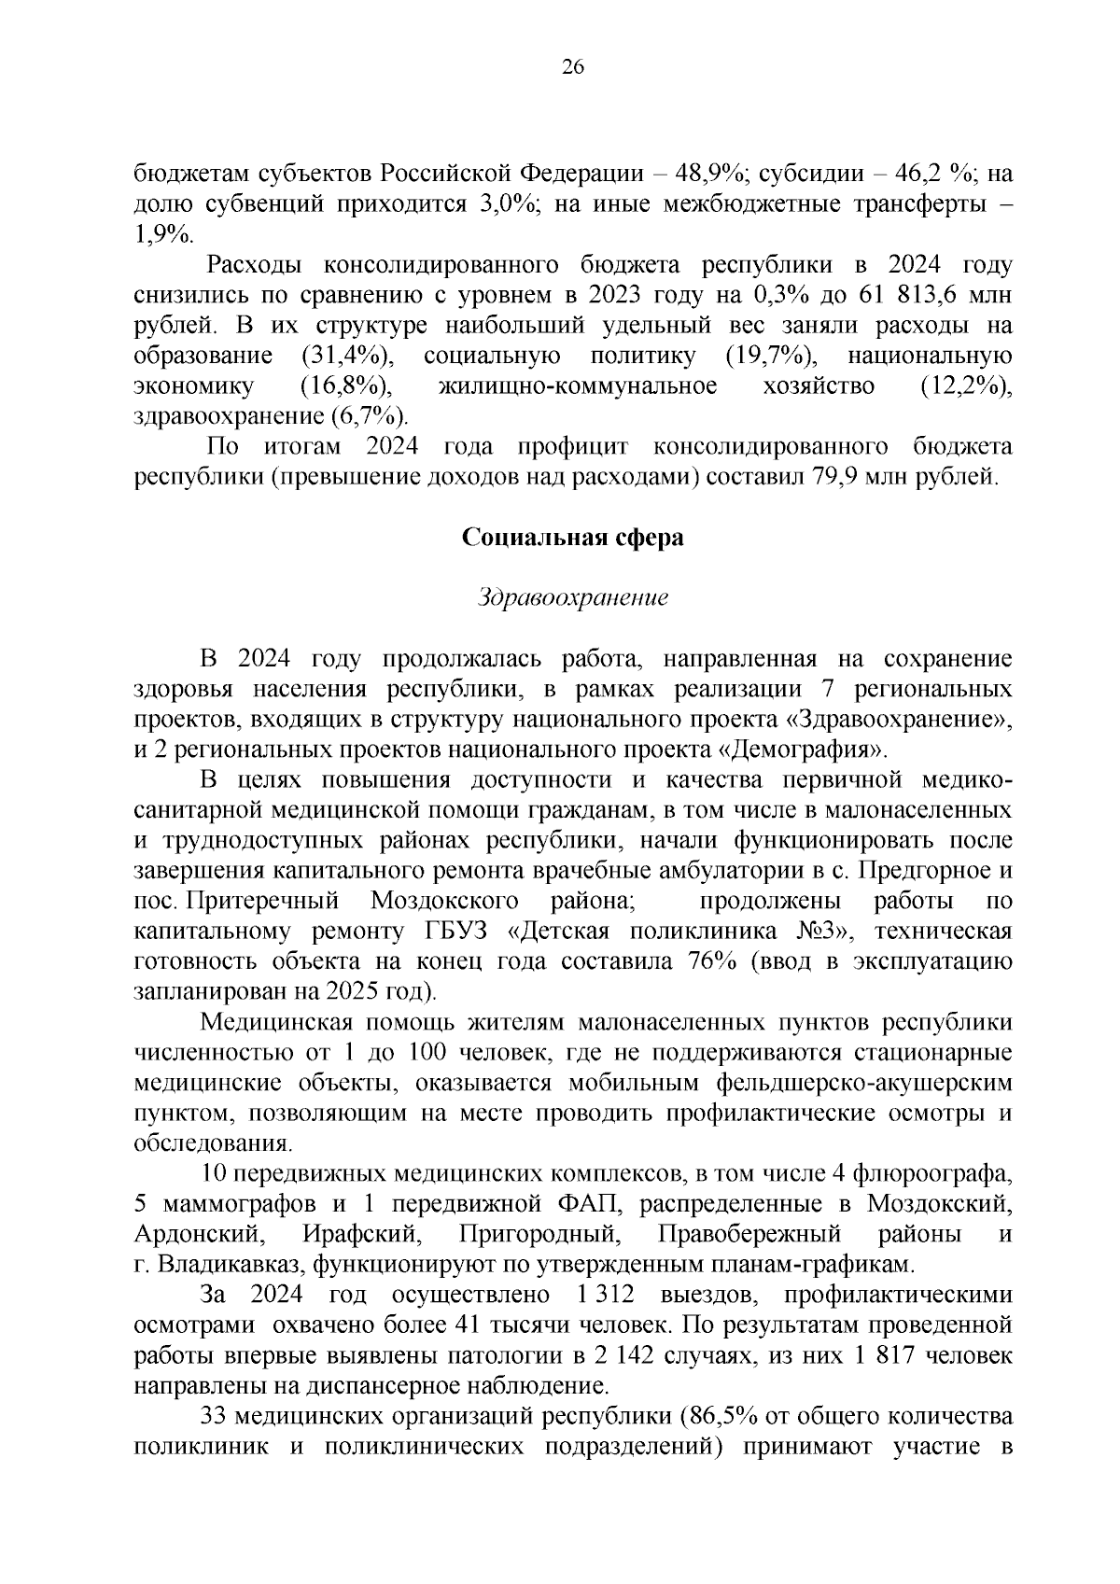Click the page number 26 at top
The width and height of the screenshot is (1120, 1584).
pos(572,66)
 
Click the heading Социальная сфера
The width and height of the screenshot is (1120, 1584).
pos(573,539)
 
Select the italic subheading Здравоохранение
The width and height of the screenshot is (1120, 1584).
pos(573,598)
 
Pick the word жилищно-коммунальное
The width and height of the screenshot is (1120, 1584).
pos(577,386)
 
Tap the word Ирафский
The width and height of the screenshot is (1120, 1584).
pos(359,1235)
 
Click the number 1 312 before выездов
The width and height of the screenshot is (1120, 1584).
pos(601,1296)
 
